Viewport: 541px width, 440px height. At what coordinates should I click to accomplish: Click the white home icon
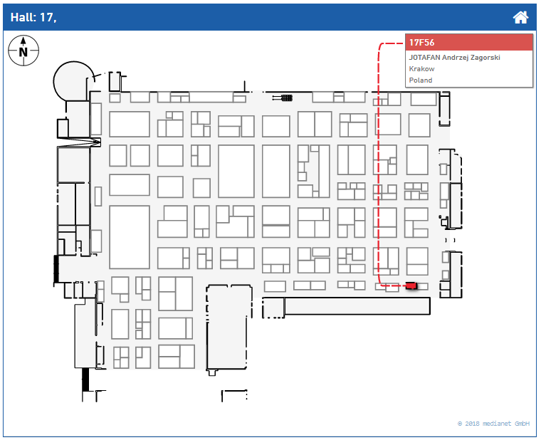pos(521,17)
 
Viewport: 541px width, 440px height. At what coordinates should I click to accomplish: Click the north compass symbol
pos(23,51)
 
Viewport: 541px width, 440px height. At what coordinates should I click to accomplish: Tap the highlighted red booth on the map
pos(411,286)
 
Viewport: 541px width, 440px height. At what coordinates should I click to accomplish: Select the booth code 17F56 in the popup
pos(422,43)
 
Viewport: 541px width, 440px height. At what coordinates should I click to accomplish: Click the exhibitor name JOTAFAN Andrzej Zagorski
pos(454,58)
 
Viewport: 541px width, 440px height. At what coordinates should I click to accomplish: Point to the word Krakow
pos(421,69)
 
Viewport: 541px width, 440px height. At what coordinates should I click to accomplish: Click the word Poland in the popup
pos(420,80)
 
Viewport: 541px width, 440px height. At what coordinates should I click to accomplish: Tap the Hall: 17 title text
pos(33,17)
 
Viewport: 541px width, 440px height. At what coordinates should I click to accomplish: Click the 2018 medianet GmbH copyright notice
pos(494,424)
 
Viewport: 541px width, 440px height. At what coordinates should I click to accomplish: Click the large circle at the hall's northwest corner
pos(73,80)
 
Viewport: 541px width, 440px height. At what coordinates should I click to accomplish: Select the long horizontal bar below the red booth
pos(357,306)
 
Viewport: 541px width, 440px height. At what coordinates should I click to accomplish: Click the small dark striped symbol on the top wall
pos(287,98)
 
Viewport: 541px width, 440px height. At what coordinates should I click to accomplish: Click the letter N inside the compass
pos(23,51)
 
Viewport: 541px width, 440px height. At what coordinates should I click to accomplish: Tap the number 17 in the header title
pos(46,17)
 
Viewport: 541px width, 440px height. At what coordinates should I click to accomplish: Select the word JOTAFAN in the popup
pos(426,58)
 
